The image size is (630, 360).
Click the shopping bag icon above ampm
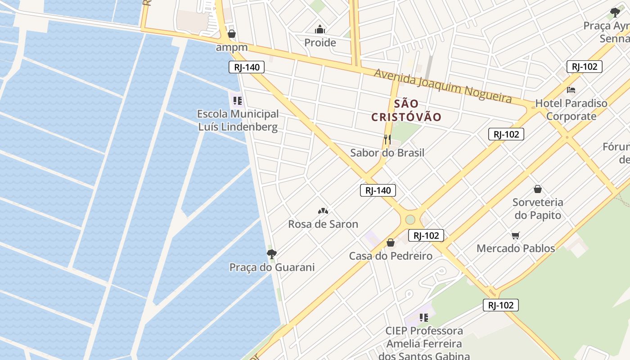pos(232,34)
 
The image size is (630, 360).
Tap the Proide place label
pos(320,43)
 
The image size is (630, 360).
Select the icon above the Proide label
pos(320,30)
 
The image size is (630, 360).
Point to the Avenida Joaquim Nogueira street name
pos(443,85)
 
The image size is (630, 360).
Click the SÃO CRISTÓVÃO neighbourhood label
pos(406,110)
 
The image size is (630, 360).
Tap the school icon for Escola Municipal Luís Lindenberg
pos(237,101)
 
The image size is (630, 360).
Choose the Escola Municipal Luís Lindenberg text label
pos(238,120)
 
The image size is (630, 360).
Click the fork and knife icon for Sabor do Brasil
pos(387,139)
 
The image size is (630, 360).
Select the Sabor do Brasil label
pos(387,153)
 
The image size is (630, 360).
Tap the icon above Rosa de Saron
pos(323,211)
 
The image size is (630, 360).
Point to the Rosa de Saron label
pos(323,224)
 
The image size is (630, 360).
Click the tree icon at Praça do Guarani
pos(271,254)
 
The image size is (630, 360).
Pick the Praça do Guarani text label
pos(272,267)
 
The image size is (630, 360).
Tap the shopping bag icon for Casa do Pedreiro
pos(391,243)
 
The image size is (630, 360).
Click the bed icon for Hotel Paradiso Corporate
pos(571,90)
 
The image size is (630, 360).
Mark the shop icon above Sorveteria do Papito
pos(537,189)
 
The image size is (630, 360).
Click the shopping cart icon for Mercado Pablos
pos(516,235)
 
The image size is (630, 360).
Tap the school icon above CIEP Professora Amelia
pos(423,318)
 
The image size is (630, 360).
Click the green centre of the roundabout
pos(410,220)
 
